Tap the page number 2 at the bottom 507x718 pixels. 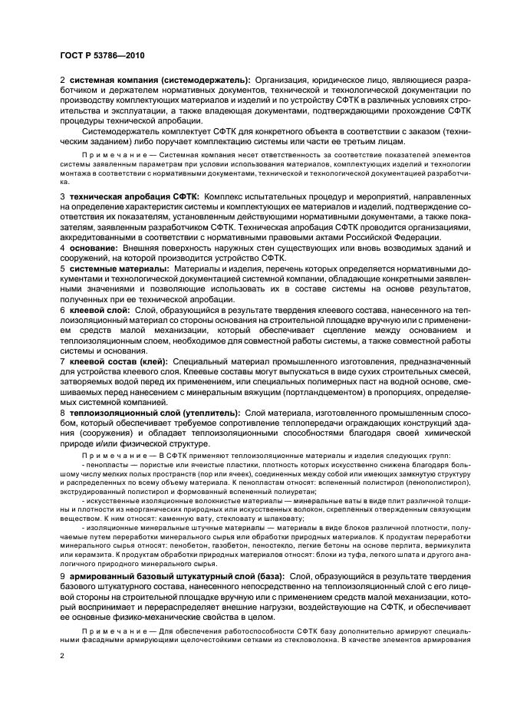coord(61,657)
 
